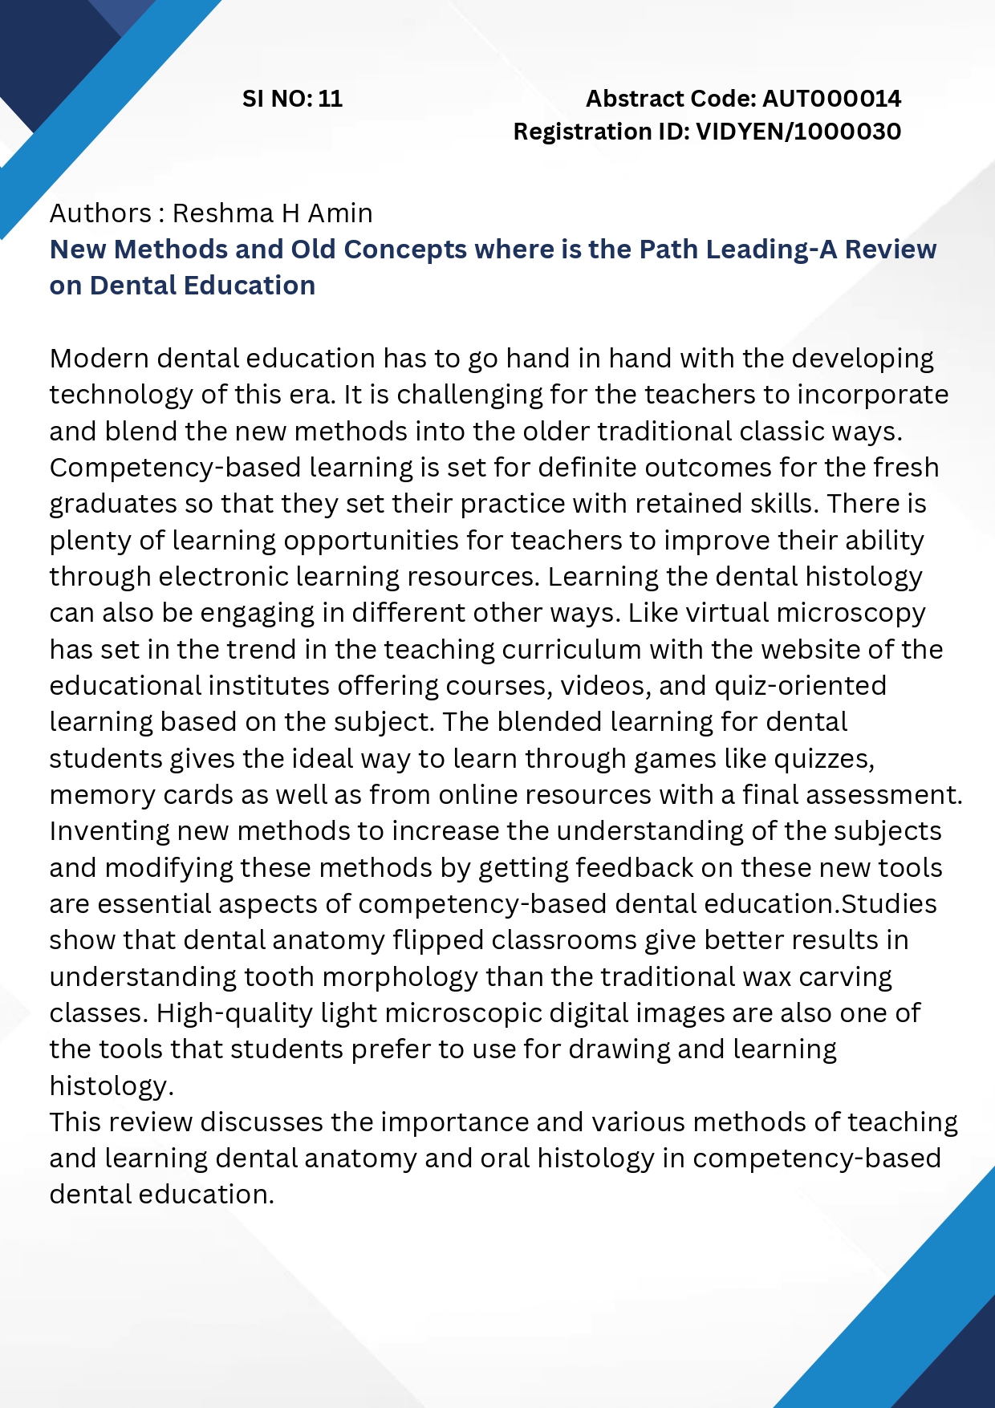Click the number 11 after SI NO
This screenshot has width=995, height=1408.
(331, 99)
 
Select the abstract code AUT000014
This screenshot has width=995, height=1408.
(831, 99)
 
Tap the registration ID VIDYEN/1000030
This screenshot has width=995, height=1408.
(798, 132)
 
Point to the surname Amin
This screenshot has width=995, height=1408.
(340, 213)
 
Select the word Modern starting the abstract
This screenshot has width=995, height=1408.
(99, 359)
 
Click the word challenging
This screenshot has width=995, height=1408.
(469, 396)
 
